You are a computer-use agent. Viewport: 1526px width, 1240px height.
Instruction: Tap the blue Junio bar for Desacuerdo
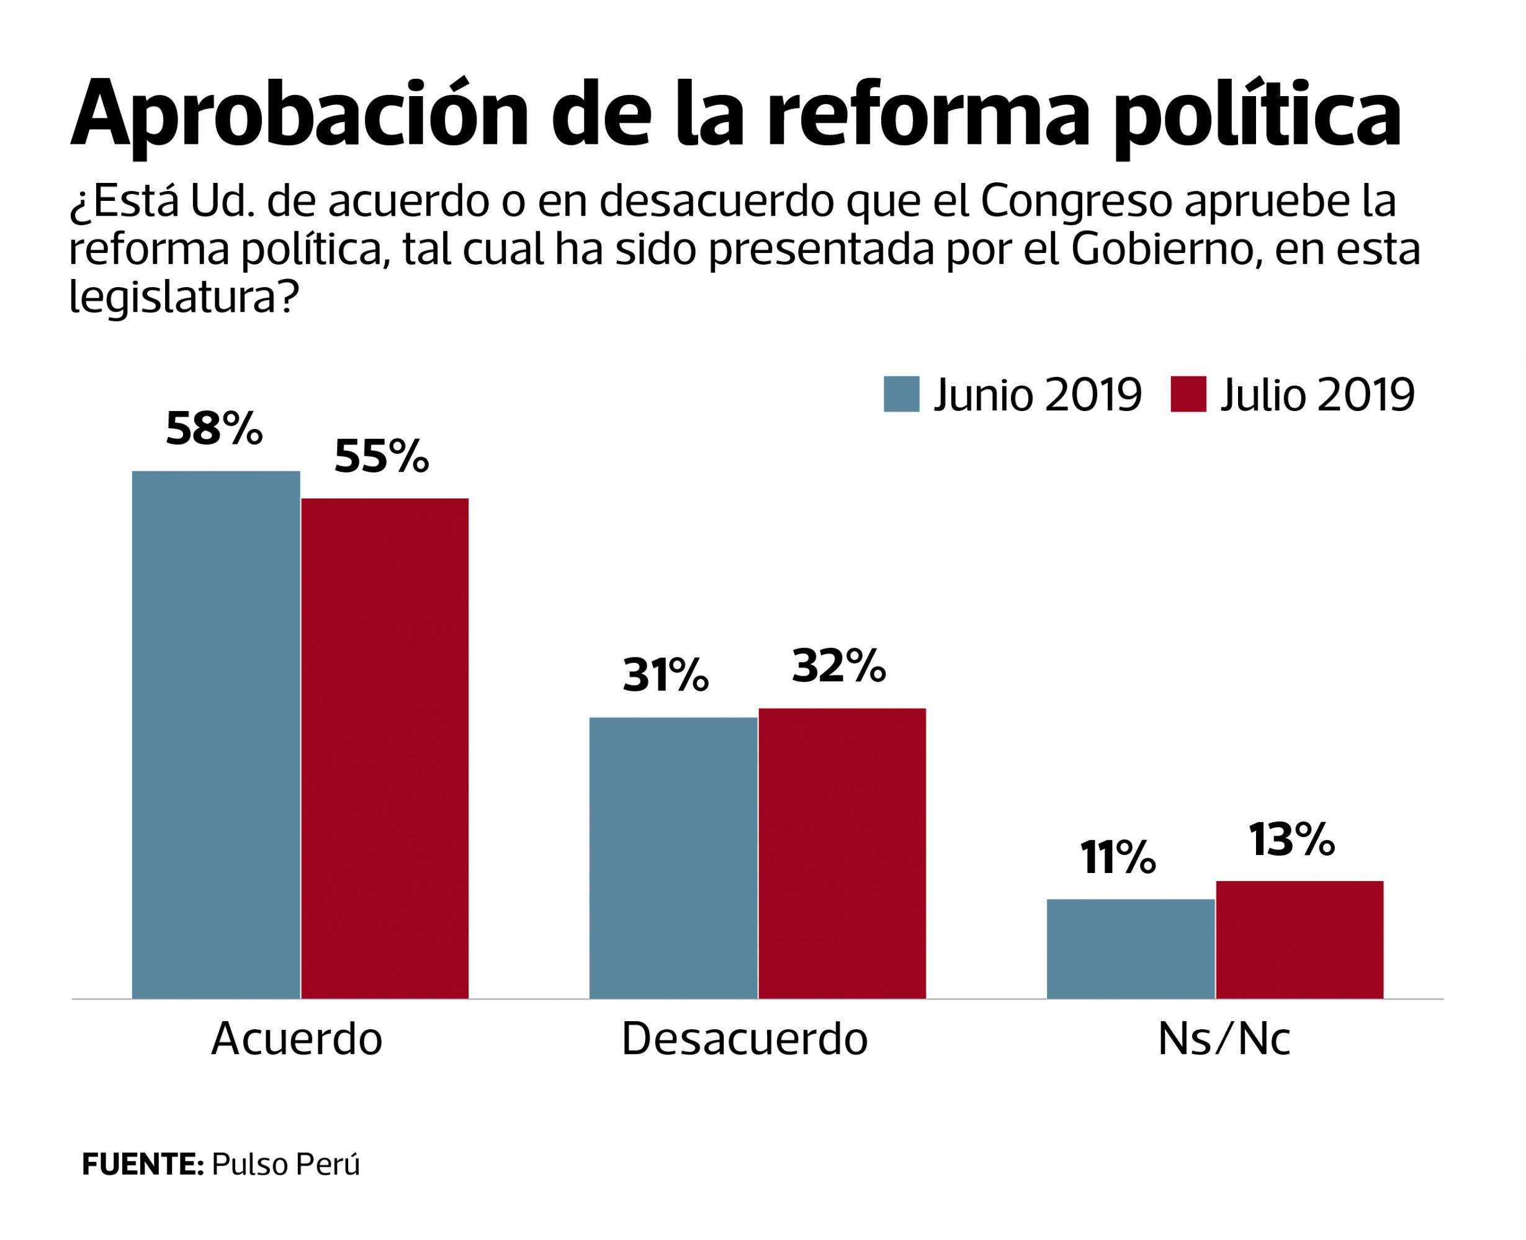(673, 857)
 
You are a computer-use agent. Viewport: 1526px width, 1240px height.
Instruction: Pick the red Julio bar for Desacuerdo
(842, 853)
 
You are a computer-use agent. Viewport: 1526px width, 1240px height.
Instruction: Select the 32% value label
(838, 666)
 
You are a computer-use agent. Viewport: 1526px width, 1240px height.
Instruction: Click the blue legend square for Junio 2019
(900, 394)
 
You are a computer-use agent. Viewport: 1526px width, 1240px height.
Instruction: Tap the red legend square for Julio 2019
(1188, 394)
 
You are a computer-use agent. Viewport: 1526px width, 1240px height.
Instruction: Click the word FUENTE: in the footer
(143, 1164)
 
